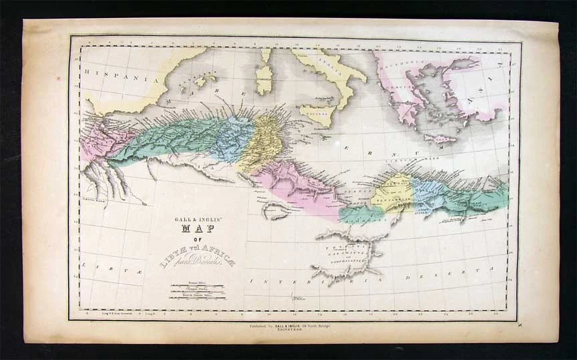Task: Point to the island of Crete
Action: (440, 138)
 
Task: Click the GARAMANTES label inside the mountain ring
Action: (349, 252)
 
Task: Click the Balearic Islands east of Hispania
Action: (203, 81)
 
